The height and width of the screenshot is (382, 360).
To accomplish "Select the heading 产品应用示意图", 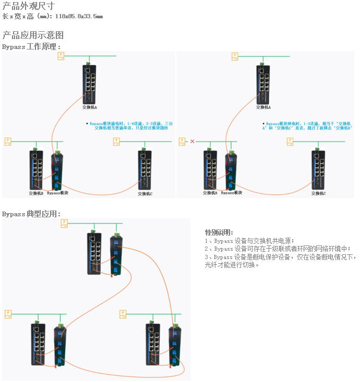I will (x=33, y=35).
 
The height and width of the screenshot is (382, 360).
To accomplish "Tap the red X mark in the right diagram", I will (x=192, y=141).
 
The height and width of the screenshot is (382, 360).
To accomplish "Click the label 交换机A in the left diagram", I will (x=90, y=107).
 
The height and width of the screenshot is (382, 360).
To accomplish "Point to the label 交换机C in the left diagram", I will (x=145, y=194).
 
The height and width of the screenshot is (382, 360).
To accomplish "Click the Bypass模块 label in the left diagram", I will (x=57, y=193).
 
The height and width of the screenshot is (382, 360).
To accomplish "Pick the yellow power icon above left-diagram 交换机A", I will (x=61, y=56).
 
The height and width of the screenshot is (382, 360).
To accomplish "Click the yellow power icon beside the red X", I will (x=182, y=141).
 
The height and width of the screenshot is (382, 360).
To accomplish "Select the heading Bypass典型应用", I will (x=31, y=214).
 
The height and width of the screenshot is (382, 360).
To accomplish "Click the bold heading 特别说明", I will (x=219, y=232).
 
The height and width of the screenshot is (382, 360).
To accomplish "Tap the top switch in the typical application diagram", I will (x=94, y=253).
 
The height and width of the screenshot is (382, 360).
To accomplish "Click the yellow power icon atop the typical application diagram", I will (x=65, y=224).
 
